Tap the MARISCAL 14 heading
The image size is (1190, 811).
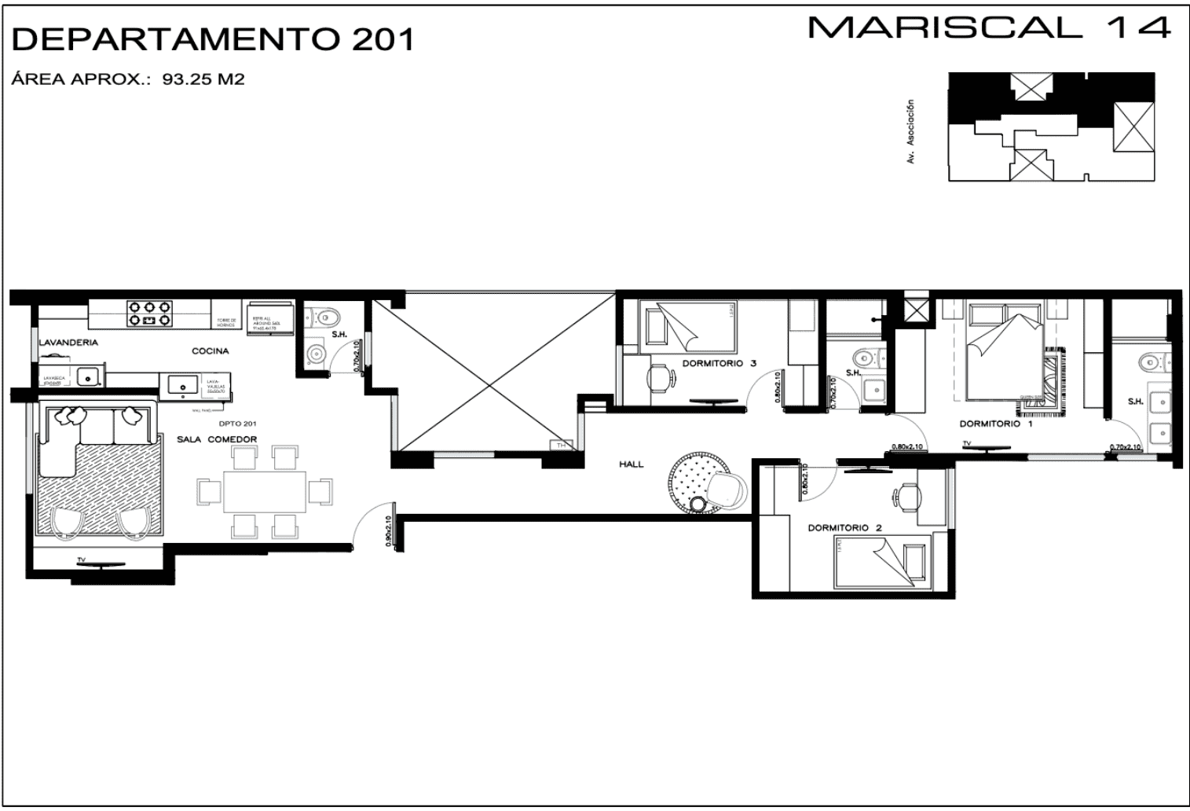coord(989,28)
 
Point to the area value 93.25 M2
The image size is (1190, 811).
coord(203,79)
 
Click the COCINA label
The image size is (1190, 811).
coord(211,351)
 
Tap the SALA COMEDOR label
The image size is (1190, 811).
coord(216,439)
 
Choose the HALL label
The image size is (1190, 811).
coord(631,464)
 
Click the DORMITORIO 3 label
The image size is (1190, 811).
coord(719,363)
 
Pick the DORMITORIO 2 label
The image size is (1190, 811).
coord(844,528)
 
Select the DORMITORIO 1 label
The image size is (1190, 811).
coord(996,424)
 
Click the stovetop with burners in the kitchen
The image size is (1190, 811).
coord(150,314)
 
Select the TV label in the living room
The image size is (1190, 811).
coord(81,560)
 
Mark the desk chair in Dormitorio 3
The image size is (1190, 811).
coord(660,379)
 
